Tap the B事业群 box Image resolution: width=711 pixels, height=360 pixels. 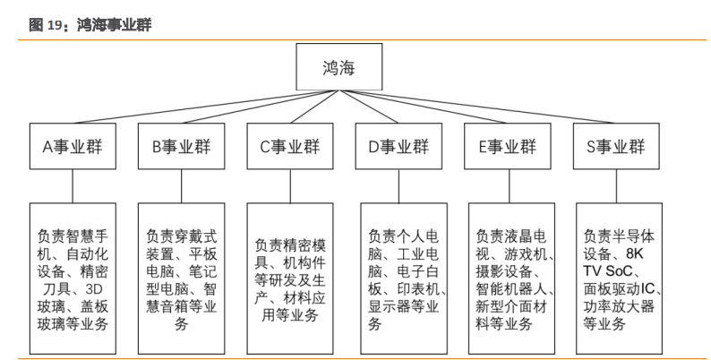click(181, 147)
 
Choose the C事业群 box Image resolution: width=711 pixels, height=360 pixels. click(289, 147)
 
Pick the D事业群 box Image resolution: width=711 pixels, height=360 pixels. click(398, 147)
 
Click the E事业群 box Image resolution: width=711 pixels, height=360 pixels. click(507, 147)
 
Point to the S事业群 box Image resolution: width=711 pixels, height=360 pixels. click(615, 147)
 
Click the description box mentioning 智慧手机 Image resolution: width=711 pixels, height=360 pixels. click(73, 278)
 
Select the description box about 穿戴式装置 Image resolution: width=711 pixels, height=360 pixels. click(182, 278)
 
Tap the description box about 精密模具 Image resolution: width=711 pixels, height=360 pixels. click(290, 278)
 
